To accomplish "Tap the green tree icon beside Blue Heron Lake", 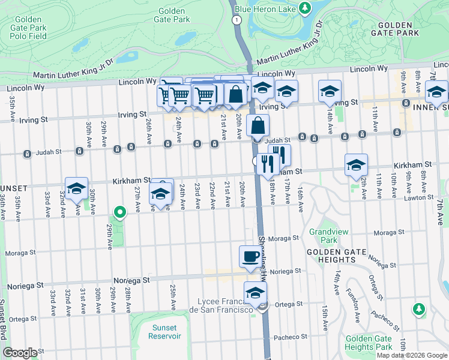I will [x=306, y=7].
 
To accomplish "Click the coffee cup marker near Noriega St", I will [x=250, y=257].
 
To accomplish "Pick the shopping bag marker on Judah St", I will [x=258, y=126].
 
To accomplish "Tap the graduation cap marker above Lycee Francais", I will [x=255, y=293].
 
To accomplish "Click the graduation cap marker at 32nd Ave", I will [x=76, y=188].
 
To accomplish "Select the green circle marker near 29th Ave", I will [x=120, y=211].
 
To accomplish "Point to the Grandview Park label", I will [x=323, y=236].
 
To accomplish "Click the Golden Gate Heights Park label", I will [x=369, y=343].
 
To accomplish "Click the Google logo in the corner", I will [x=20, y=353].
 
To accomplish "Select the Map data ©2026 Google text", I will [x=412, y=355].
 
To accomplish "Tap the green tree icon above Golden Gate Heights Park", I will [x=418, y=309].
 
